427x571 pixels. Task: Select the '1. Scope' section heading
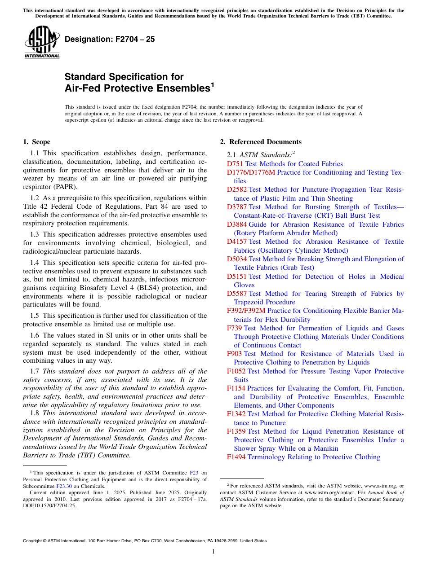pyautogui.click(x=36, y=142)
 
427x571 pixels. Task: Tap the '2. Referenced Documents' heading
pyautogui.click(x=261, y=142)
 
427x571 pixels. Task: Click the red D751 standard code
pyautogui.click(x=235, y=164)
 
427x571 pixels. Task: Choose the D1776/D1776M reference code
pyautogui.click(x=251, y=172)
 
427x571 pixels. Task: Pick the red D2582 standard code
pyautogui.click(x=237, y=190)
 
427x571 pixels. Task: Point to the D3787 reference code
pyautogui.click(x=237, y=207)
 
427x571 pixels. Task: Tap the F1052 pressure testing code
pyautogui.click(x=236, y=371)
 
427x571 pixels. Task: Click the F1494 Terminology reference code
pyautogui.click(x=236, y=457)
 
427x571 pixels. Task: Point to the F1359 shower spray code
pyautogui.click(x=236, y=431)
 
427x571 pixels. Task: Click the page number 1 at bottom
pyautogui.click(x=213, y=552)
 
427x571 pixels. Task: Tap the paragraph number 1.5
pyautogui.click(x=35, y=316)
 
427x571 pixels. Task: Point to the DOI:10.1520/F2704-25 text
pyautogui.click(x=49, y=505)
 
